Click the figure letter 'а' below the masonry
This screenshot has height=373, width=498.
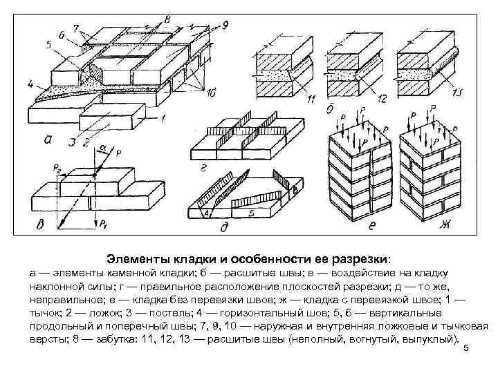point(47,139)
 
